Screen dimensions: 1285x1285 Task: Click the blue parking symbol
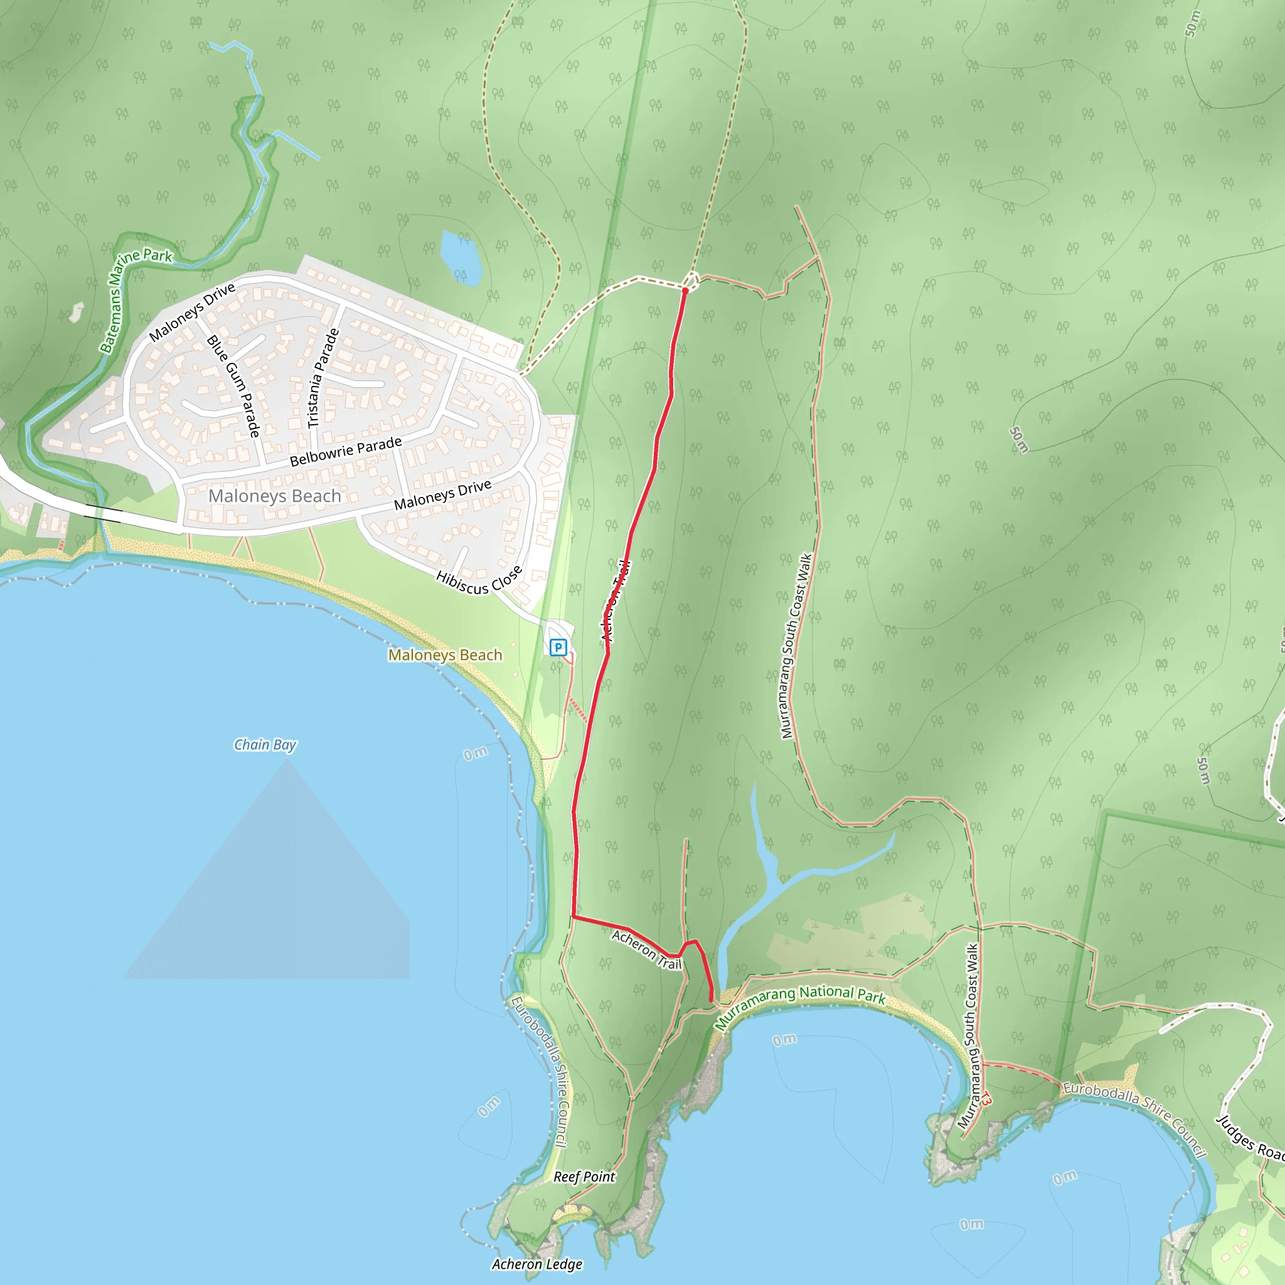[558, 646]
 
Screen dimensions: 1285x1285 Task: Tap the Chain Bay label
[265, 744]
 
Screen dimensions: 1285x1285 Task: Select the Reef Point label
[584, 1176]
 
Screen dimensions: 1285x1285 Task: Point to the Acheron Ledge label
[536, 1264]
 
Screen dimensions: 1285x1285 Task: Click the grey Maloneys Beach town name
[274, 496]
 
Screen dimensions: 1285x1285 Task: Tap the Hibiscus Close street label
[479, 580]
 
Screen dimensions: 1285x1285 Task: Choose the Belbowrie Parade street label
[346, 452]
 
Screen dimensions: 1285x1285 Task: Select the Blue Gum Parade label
[233, 386]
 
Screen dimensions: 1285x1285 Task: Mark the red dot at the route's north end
[685, 291]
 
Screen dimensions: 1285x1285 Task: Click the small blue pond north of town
[461, 257]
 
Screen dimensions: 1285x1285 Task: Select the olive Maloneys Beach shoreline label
[445, 655]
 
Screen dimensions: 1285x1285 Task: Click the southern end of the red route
[712, 1000]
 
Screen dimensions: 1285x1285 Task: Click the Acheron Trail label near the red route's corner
[646, 950]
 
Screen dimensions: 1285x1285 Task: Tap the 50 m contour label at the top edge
[1193, 23]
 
